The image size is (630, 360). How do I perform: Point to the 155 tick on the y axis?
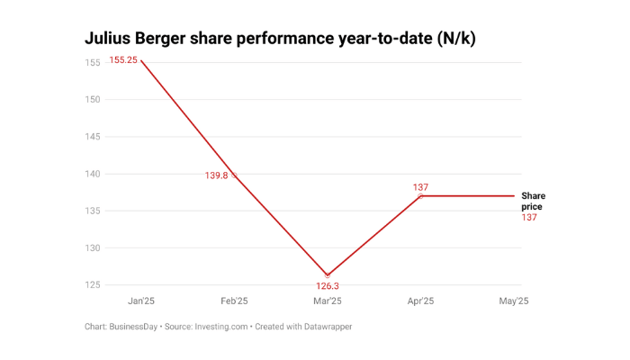coord(93,62)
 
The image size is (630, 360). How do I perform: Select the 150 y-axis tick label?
coord(93,99)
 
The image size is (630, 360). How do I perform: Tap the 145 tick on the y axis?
coord(93,137)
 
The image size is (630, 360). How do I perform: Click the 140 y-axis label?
coord(93,174)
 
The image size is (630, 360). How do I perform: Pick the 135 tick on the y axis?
coord(93,211)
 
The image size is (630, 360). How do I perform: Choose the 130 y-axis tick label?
coord(93,247)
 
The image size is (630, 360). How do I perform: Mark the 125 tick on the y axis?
coord(93,285)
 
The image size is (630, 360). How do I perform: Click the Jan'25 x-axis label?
coord(141,301)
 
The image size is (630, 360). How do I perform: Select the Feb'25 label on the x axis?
coord(234,301)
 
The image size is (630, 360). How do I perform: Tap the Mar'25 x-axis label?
coord(327,301)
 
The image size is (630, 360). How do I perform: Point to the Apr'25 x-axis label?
coord(420,301)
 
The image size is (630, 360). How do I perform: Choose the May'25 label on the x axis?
coord(513,301)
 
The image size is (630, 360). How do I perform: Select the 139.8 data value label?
coord(217,175)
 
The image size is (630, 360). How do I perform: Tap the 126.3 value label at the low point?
coord(327,286)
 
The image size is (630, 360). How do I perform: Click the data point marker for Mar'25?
coord(328,275)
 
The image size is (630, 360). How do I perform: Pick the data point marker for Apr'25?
coord(420,196)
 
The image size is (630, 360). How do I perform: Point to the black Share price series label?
coord(533,202)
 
